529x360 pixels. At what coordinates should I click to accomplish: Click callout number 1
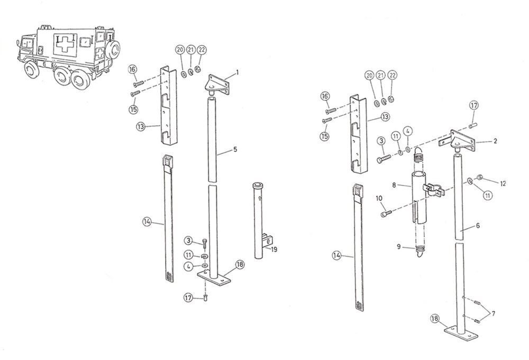pos(238,72)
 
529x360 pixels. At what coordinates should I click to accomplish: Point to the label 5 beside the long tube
pos(235,150)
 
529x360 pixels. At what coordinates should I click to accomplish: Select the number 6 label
pos(478,225)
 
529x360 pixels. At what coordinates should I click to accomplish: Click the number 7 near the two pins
pos(494,313)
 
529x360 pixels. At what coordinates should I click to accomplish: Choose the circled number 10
pos(378,198)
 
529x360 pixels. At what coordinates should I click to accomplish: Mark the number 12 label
pos(503,183)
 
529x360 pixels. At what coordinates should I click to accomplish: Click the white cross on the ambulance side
pos(66,46)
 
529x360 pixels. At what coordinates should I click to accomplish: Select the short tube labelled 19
pos(260,219)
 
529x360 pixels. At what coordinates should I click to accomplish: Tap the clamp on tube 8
pos(433,189)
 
